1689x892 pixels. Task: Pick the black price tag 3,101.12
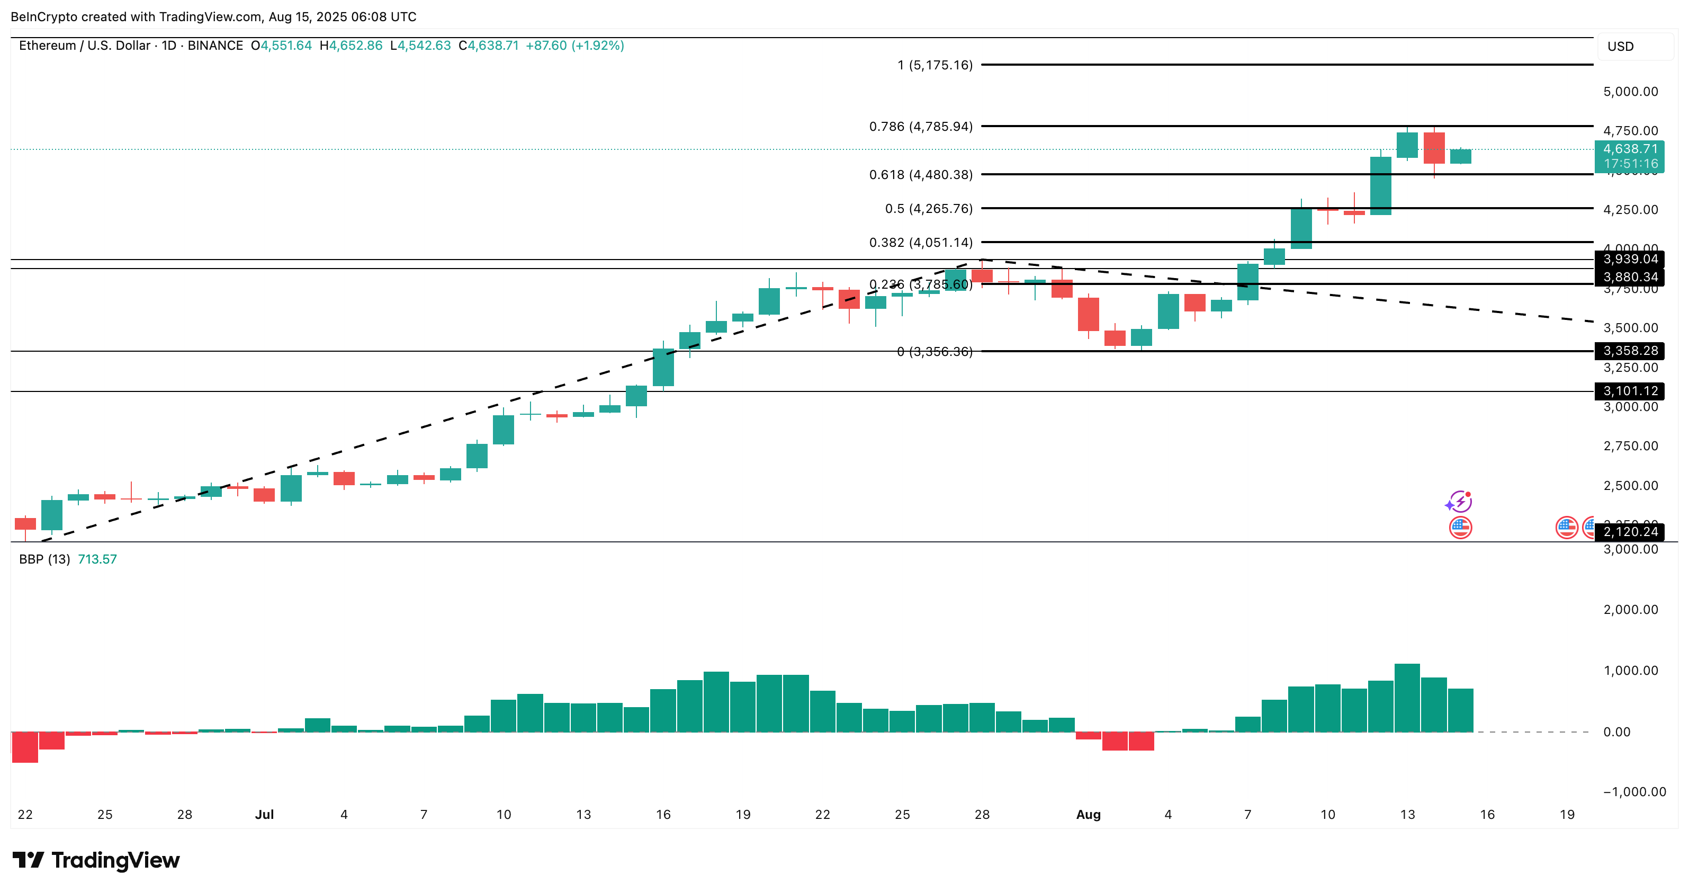coord(1630,391)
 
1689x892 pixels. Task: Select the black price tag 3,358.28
coord(1630,351)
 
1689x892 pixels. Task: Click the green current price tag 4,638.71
coord(1630,149)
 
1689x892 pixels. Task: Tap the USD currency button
coord(1620,47)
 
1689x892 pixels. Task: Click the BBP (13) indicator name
coord(44,559)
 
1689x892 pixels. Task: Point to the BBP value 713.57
coord(97,559)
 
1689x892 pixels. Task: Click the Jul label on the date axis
coord(264,815)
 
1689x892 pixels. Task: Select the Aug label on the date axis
coord(1089,815)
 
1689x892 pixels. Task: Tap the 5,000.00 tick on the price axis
coord(1630,92)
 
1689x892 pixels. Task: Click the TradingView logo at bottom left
coord(96,860)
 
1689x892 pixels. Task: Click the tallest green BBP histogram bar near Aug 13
coord(1407,698)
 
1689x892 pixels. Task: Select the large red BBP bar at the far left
coord(25,747)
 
